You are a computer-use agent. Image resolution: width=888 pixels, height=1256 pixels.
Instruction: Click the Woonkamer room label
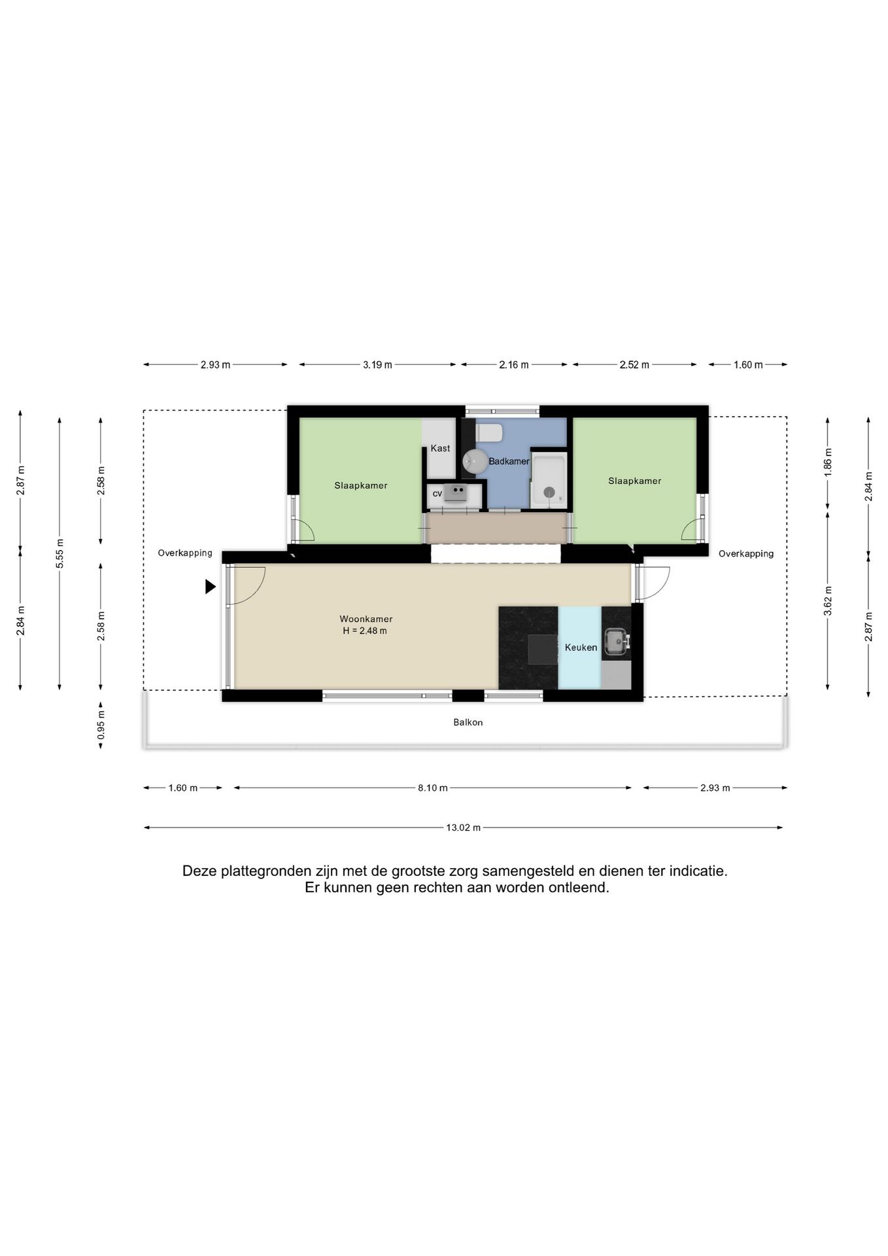(366, 619)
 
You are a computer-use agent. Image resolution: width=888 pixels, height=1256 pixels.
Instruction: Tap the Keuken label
(581, 648)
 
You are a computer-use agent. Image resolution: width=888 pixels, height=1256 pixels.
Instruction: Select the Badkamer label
(509, 461)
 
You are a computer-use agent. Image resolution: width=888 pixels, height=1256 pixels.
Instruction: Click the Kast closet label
(440, 448)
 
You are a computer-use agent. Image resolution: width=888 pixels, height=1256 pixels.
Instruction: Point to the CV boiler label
(437, 493)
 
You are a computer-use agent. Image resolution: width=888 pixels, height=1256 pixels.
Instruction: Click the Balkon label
(468, 722)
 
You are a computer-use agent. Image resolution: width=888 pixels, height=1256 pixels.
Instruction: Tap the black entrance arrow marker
(211, 587)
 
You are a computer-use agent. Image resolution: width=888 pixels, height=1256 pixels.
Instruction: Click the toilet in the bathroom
(489, 433)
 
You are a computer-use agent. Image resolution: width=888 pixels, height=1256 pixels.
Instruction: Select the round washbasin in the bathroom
(472, 461)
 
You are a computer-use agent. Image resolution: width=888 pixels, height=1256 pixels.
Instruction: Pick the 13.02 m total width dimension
(464, 828)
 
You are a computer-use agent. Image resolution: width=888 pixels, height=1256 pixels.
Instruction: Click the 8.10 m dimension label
(433, 788)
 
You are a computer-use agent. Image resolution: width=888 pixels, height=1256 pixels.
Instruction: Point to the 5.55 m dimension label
(60, 553)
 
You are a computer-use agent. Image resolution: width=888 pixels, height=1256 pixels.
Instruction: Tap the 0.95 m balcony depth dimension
(101, 725)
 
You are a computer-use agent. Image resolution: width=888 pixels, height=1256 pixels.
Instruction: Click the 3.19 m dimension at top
(377, 364)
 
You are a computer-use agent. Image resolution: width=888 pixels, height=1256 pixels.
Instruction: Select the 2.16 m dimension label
(514, 364)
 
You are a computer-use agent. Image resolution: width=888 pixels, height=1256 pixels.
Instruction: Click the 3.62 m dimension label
(828, 601)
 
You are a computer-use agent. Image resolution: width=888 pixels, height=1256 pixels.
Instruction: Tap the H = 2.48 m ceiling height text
(365, 631)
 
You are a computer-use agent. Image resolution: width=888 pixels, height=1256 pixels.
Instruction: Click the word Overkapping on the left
(185, 553)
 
